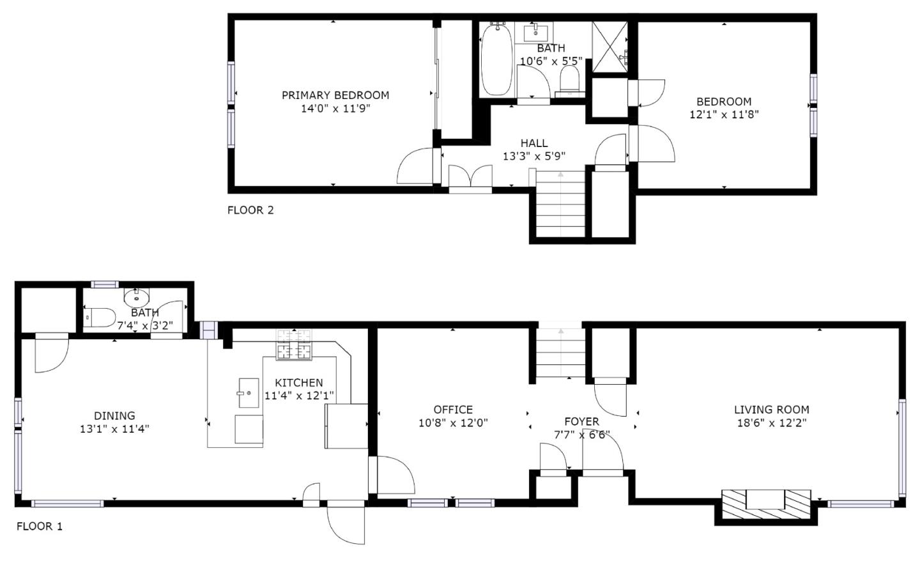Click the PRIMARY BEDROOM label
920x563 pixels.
(335, 95)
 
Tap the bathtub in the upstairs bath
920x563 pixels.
(496, 59)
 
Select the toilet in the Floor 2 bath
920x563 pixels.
(569, 80)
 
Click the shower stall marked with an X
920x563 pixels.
(610, 47)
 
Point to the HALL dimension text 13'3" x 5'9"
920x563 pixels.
(533, 156)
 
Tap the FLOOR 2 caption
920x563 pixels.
(250, 210)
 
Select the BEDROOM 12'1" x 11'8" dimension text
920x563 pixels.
(724, 115)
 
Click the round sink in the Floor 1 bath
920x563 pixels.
(135, 297)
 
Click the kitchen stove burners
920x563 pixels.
(294, 343)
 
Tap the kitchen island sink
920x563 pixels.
(248, 392)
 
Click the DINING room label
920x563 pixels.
(114, 416)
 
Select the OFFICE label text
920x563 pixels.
(453, 410)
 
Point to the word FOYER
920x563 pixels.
(581, 421)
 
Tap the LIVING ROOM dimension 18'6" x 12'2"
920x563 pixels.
(771, 423)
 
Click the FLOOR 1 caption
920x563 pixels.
(40, 527)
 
